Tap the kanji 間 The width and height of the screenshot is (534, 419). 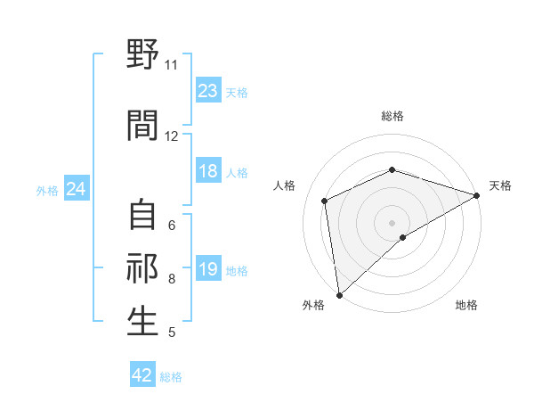coord(142,126)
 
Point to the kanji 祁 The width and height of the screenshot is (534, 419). coord(142,267)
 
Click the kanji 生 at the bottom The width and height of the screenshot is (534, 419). coord(142,321)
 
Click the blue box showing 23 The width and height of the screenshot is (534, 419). coord(208,91)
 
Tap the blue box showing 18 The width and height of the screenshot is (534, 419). coord(208,171)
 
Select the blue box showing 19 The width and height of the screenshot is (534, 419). coord(208,270)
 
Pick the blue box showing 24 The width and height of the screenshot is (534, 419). coord(76,189)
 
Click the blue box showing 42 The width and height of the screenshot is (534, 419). coord(142,375)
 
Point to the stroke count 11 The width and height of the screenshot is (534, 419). coord(171,65)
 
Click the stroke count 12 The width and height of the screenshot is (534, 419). coord(171,136)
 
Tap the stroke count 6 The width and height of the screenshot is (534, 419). coord(172,225)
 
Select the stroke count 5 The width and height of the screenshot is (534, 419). coord(172,333)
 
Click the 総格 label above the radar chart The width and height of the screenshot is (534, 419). coord(392,116)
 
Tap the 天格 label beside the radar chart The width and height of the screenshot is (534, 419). coord(500,185)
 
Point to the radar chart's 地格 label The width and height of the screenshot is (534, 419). coord(466,305)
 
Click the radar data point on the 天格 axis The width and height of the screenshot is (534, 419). coord(476,195)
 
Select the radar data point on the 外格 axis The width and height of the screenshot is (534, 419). coord(339,295)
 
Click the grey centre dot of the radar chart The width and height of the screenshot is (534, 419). coord(392,222)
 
